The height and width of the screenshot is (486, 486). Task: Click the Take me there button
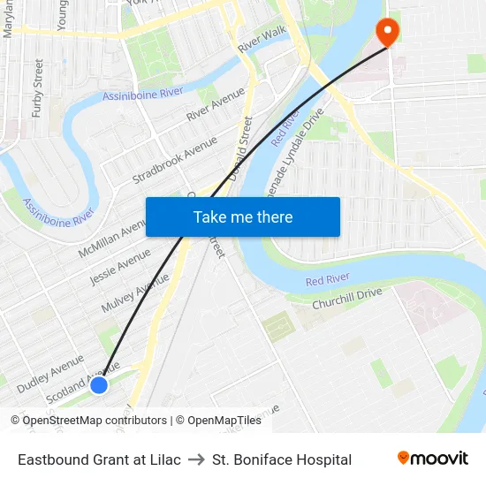coord(243,216)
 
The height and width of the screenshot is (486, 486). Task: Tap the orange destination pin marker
coord(387,33)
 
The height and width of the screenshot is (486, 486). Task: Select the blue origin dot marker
coord(99,384)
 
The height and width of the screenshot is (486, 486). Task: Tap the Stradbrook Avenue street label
coord(174,160)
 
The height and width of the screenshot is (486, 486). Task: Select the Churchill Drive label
coord(346,298)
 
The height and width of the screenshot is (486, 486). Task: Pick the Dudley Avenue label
coord(49,375)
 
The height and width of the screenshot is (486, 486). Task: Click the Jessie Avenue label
coord(120,267)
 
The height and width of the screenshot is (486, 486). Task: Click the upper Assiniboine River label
coord(142,93)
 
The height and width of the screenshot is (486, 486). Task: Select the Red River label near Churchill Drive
coord(327,280)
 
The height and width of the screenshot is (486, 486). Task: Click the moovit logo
coord(433,458)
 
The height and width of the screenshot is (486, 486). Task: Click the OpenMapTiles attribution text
coord(217,421)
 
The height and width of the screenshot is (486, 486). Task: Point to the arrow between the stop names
coord(196,459)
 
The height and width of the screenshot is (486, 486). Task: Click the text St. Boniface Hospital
coord(282,459)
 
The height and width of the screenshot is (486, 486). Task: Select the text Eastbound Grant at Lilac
coord(99,459)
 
